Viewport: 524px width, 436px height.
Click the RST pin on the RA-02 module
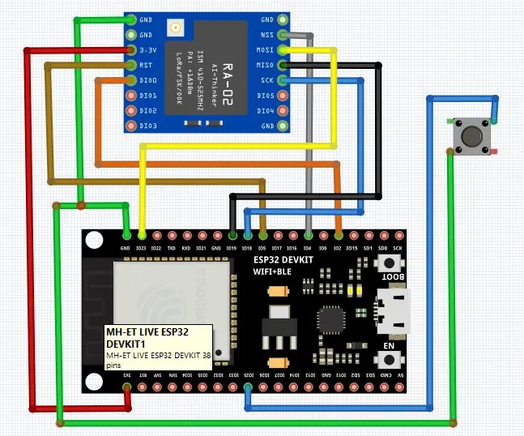click(131, 65)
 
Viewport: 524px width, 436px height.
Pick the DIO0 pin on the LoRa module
click(131, 80)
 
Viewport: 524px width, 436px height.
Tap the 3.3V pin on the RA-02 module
click(131, 50)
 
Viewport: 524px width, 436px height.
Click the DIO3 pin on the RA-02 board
click(131, 126)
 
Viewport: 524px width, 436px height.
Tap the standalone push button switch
click(470, 135)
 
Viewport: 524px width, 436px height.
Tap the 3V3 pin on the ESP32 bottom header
click(126, 387)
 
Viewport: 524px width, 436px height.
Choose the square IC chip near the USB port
click(330, 318)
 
